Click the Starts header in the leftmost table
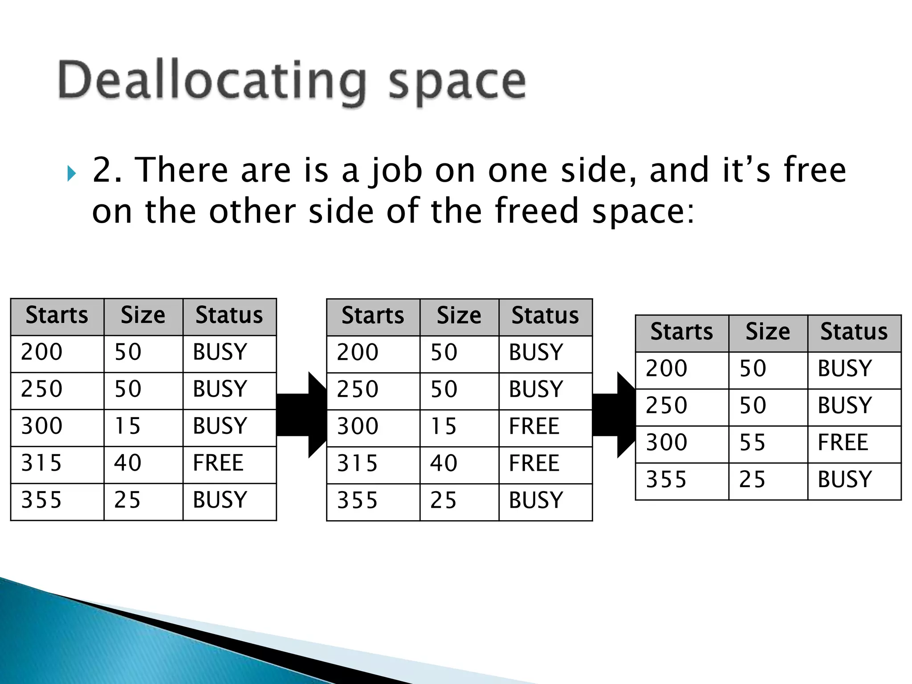[x=57, y=316]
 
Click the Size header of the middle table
[x=459, y=316]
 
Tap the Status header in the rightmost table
[x=854, y=332]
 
